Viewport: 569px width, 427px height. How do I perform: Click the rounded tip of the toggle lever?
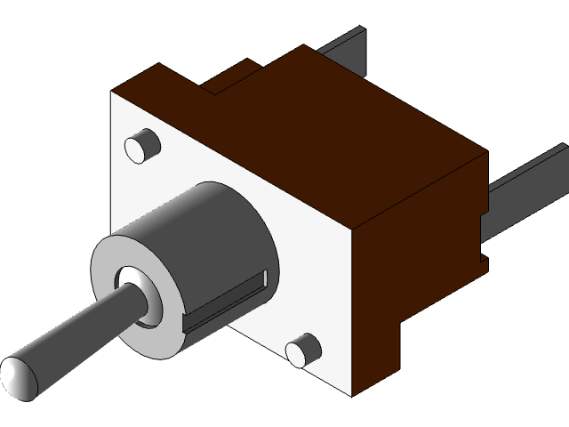[20, 376]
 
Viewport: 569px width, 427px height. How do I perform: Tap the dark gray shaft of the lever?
[80, 330]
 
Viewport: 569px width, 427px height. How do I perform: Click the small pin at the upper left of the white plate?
[141, 146]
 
